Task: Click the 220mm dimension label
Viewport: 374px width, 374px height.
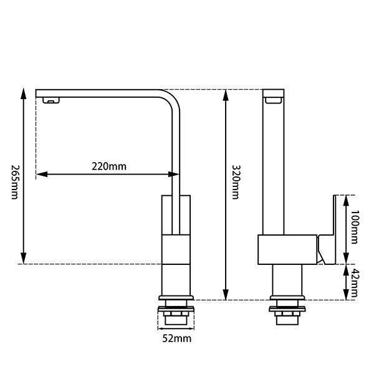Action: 108,166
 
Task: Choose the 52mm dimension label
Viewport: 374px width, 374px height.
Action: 177,338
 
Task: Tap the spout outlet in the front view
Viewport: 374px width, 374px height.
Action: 274,99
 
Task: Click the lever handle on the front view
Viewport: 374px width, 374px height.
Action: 329,231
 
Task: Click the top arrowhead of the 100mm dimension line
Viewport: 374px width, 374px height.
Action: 345,199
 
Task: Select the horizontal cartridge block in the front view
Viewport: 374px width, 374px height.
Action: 287,249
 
